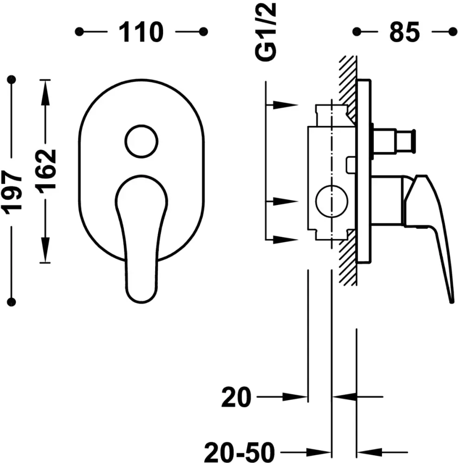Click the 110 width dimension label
tap(141, 32)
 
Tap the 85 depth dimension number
tap(405, 32)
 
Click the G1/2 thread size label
tap(266, 32)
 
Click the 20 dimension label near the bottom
tap(236, 397)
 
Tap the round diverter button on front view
tap(141, 141)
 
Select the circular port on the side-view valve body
tap(331, 201)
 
